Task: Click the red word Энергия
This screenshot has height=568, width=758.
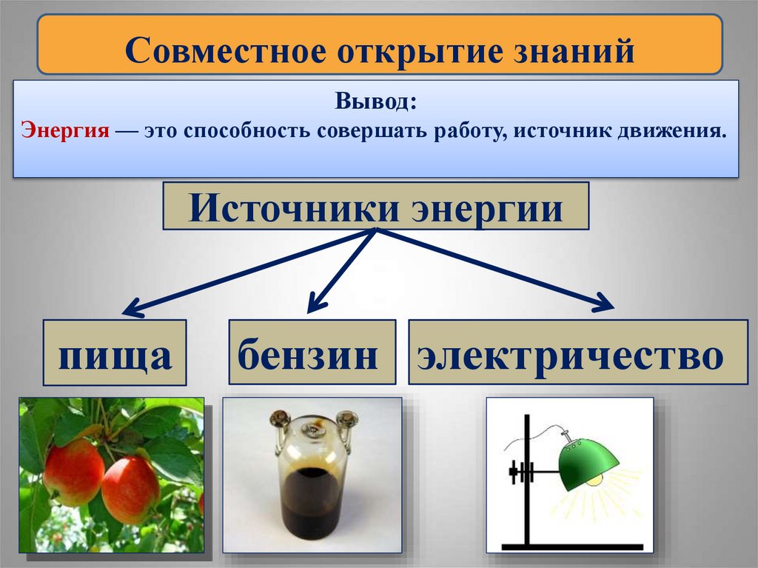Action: click(x=66, y=131)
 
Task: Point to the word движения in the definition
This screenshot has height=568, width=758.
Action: click(x=672, y=131)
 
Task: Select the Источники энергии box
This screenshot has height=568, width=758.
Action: click(x=375, y=207)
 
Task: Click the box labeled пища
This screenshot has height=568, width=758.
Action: click(x=115, y=353)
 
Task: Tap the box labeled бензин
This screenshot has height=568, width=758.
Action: click(x=312, y=353)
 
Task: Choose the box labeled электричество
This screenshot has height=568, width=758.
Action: click(x=577, y=353)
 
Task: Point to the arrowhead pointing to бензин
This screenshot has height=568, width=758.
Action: click(x=316, y=302)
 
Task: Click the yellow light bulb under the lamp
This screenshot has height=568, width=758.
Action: click(x=595, y=481)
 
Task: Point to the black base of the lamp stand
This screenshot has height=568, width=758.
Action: click(x=570, y=547)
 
